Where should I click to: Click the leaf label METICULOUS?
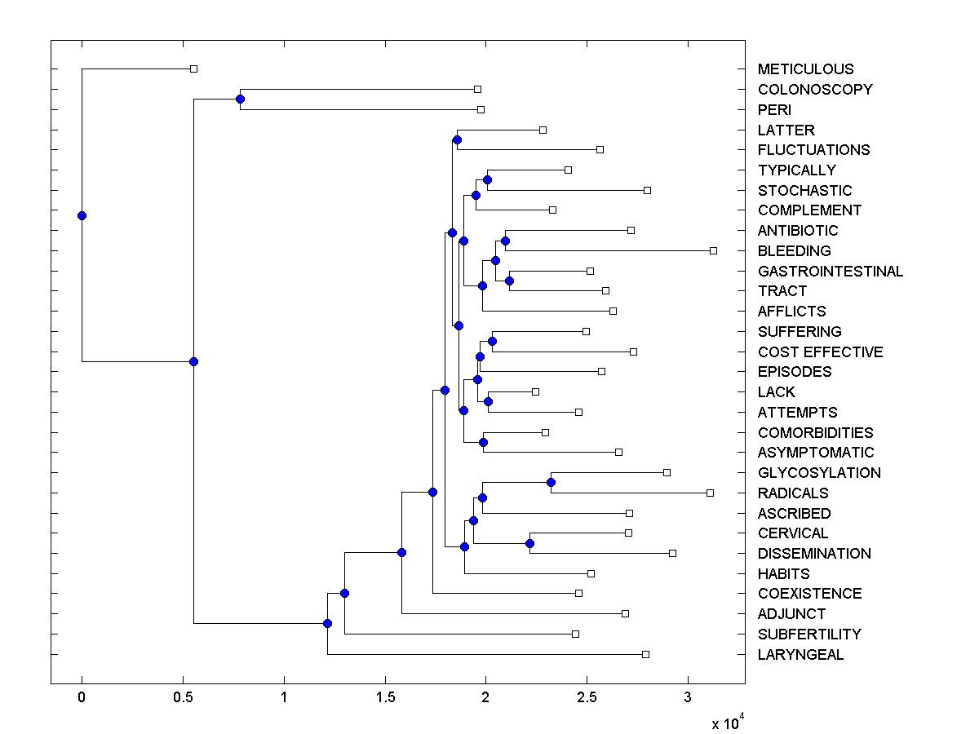click(x=805, y=69)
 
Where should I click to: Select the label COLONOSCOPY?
click(x=815, y=90)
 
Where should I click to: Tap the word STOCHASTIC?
click(x=804, y=191)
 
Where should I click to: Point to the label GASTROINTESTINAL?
click(x=831, y=272)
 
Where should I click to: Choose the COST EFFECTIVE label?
click(x=820, y=352)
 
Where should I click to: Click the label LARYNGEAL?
click(x=800, y=655)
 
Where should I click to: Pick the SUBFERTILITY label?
click(x=809, y=635)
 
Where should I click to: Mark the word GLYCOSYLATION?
click(x=819, y=473)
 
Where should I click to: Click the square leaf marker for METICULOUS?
click(x=193, y=69)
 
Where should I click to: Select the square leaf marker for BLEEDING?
click(x=713, y=250)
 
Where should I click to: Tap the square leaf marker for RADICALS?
click(x=710, y=493)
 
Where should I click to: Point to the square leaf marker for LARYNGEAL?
click(x=645, y=654)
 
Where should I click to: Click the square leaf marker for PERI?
click(x=481, y=109)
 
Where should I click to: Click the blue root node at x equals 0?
click(x=82, y=215)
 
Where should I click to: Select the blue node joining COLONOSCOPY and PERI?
click(x=240, y=99)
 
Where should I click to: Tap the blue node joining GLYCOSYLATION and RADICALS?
click(x=551, y=483)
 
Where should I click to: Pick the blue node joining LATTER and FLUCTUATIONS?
click(x=457, y=140)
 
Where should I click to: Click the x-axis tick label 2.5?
click(x=587, y=697)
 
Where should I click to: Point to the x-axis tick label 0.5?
click(x=183, y=697)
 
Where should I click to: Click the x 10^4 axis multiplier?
click(x=726, y=723)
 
